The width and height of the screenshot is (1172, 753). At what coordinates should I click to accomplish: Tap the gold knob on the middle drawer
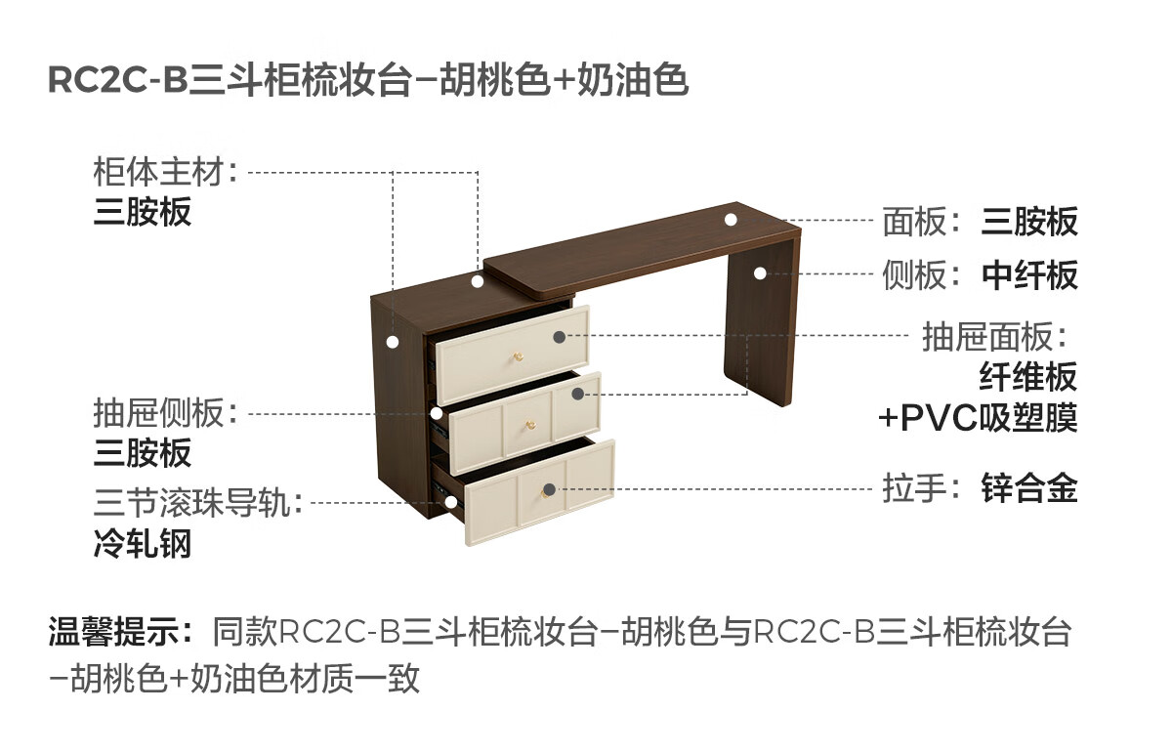click(530, 424)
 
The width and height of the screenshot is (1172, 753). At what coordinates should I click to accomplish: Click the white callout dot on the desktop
click(731, 219)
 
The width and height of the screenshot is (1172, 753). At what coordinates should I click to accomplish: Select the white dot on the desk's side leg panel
click(760, 274)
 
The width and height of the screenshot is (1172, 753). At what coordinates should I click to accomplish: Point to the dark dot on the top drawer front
click(559, 337)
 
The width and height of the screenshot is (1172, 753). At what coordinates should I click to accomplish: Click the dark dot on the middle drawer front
click(578, 394)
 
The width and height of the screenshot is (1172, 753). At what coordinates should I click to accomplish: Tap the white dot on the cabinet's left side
click(393, 342)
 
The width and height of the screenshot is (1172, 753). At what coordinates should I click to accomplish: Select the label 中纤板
click(1029, 275)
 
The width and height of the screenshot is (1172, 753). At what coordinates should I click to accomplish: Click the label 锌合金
click(1029, 488)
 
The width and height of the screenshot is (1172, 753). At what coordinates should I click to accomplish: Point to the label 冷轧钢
click(143, 543)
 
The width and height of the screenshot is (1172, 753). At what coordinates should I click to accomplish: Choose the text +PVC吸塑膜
click(978, 418)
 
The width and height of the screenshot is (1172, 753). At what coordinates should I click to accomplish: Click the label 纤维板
click(1028, 376)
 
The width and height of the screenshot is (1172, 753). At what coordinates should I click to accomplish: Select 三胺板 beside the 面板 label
click(1029, 222)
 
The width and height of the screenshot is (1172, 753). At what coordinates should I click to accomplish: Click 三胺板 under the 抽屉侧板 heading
click(143, 452)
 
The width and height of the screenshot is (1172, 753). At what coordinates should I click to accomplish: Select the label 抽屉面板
click(988, 337)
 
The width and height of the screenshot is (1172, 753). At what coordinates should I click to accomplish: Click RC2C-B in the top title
click(117, 81)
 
